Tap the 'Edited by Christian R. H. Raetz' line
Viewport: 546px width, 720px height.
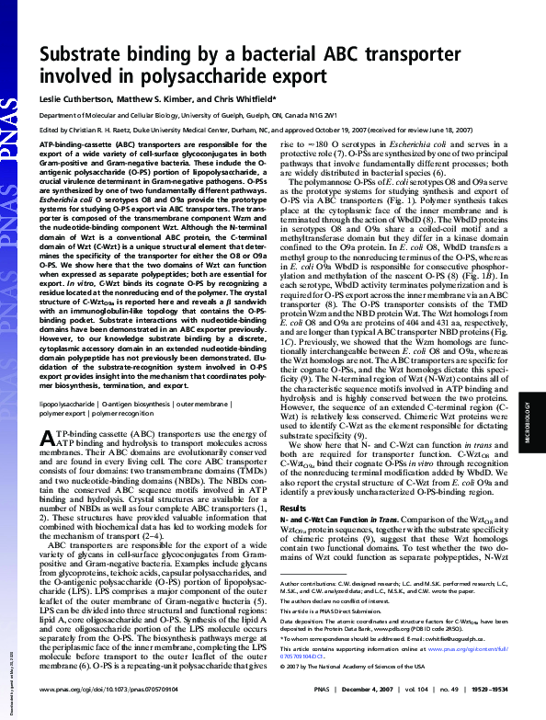tap(110, 131)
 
